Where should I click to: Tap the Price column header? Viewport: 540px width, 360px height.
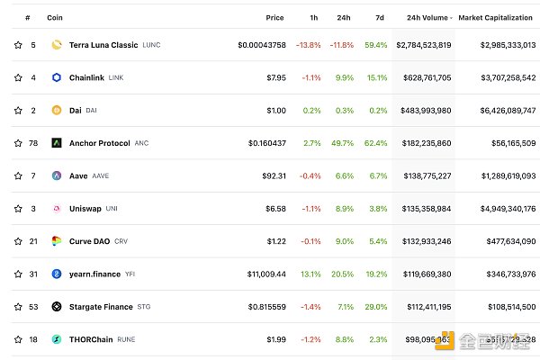[274, 17]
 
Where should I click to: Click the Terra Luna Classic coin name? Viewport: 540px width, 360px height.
[103, 44]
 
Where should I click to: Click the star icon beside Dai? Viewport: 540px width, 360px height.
[17, 110]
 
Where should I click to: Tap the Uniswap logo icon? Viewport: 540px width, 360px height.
[56, 209]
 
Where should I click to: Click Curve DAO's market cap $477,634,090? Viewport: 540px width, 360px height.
[507, 241]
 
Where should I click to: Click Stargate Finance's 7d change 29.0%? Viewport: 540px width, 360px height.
[375, 307]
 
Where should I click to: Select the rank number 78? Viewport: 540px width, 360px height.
[33, 143]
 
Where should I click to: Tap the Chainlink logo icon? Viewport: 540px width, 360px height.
[56, 77]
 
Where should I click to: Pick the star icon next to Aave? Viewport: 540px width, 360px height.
[17, 175]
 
